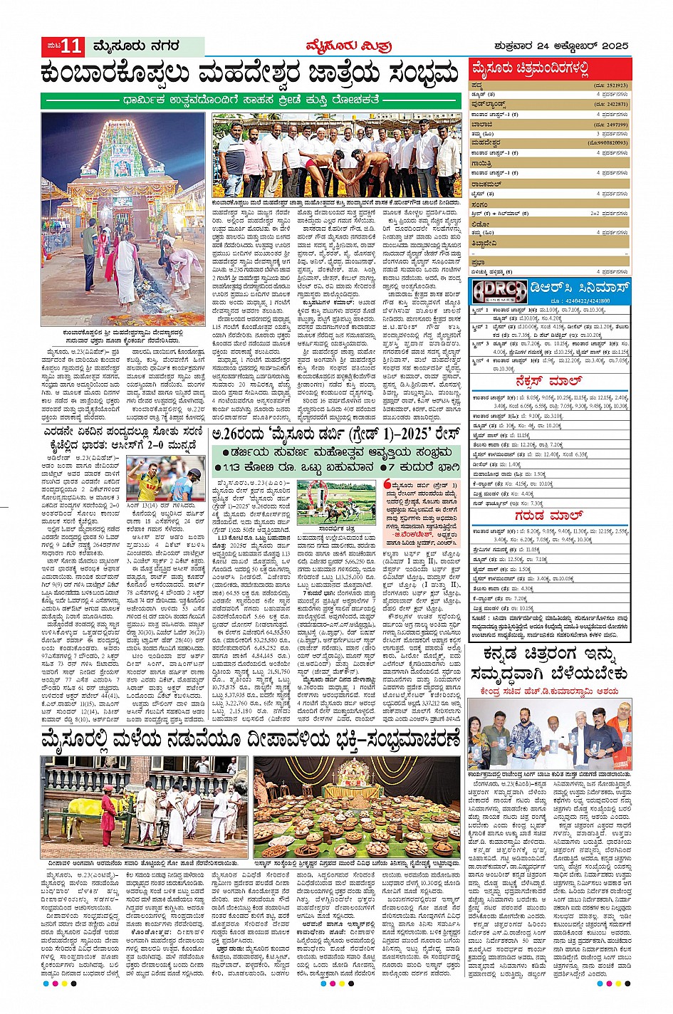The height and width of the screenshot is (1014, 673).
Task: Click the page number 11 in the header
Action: tap(72, 47)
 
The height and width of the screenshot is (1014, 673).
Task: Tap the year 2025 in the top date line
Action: tap(612, 46)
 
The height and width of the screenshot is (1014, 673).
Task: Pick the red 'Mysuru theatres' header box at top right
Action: tap(549, 69)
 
